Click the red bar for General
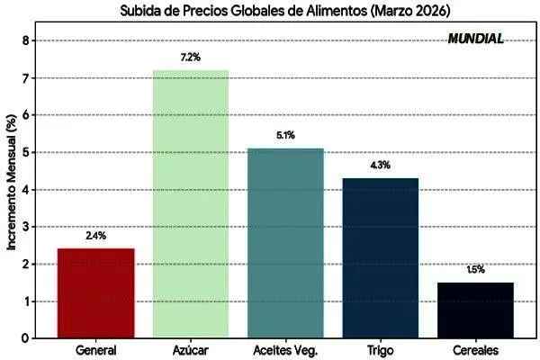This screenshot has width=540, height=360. pyautogui.click(x=95, y=292)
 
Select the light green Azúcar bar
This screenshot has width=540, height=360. pyautogui.click(x=191, y=203)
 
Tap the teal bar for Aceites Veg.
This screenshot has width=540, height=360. pyautogui.click(x=285, y=243)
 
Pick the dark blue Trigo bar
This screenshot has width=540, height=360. pyautogui.click(x=381, y=257)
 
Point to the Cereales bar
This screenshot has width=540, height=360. pyautogui.click(x=476, y=310)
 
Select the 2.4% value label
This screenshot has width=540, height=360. pyautogui.click(x=95, y=236)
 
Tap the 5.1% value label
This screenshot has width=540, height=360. pyautogui.click(x=285, y=136)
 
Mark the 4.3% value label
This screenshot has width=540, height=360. pyautogui.click(x=381, y=166)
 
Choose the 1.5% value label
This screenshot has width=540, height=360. pyautogui.click(x=476, y=269)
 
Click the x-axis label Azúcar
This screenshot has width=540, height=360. pyautogui.click(x=191, y=351)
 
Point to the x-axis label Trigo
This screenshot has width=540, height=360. pyautogui.click(x=381, y=351)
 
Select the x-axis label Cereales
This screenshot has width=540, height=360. pyautogui.click(x=476, y=351)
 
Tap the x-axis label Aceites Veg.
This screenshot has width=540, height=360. pyautogui.click(x=285, y=351)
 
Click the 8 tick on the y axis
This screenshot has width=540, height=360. pyautogui.click(x=26, y=40)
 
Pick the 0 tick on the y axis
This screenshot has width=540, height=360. pyautogui.click(x=26, y=337)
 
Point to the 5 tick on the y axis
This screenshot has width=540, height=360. pyautogui.click(x=26, y=152)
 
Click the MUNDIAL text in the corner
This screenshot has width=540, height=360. pyautogui.click(x=475, y=40)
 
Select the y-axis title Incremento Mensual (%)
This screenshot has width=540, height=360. pyautogui.click(x=10, y=189)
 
